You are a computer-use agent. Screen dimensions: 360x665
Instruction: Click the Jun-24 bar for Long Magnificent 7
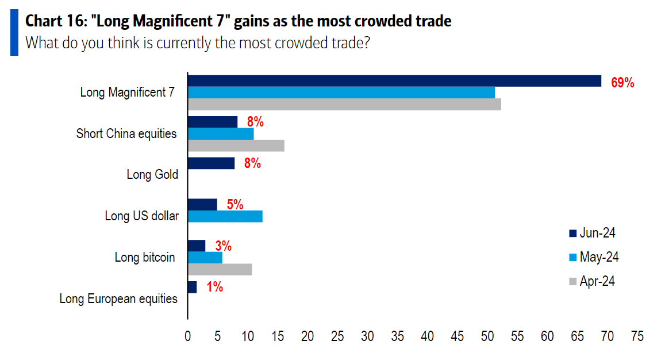(x=394, y=81)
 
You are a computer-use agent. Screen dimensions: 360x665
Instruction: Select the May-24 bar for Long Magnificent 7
(x=341, y=93)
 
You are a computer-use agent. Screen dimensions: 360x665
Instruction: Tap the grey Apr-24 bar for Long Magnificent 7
(x=344, y=104)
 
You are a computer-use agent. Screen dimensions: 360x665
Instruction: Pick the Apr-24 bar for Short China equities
(x=236, y=145)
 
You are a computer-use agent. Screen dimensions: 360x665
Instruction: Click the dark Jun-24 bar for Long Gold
(x=211, y=163)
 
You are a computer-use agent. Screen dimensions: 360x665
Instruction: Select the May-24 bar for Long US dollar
(x=225, y=216)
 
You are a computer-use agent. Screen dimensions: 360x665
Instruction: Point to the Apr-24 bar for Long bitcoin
(x=220, y=269)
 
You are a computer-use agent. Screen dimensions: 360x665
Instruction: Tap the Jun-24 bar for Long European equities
(x=192, y=287)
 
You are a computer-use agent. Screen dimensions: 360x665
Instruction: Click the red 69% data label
(x=622, y=83)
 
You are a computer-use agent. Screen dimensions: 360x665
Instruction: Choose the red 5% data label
(x=235, y=204)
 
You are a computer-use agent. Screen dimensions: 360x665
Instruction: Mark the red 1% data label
(x=214, y=286)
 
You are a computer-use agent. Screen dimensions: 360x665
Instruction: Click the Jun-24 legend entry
(x=593, y=233)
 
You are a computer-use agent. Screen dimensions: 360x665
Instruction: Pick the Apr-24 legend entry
(x=593, y=281)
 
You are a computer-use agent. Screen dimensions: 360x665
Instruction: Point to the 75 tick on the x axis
(x=637, y=336)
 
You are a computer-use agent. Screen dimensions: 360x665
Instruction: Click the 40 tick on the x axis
(x=427, y=336)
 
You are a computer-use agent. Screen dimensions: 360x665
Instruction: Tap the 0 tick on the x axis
(x=188, y=336)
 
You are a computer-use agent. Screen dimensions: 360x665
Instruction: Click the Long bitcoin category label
(x=145, y=257)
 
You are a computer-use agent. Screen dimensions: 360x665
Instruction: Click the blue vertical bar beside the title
(x=14, y=33)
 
